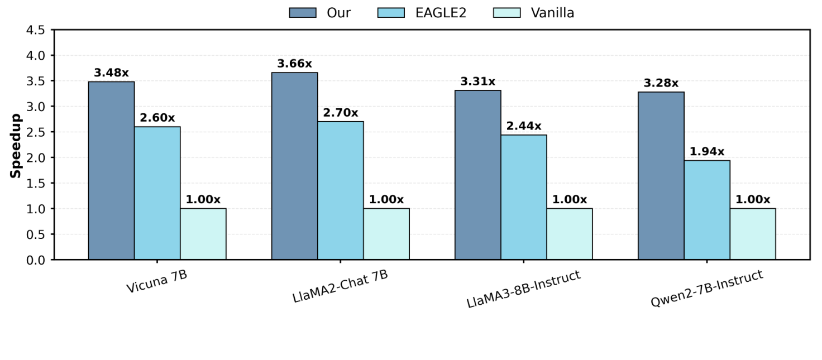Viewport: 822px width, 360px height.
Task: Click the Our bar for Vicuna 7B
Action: point(111,170)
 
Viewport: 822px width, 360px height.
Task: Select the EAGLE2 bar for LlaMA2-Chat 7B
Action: point(340,190)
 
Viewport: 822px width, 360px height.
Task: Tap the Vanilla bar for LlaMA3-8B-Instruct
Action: point(569,234)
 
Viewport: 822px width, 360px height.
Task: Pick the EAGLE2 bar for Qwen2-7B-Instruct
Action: point(706,210)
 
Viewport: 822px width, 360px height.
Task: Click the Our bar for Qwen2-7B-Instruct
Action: point(661,175)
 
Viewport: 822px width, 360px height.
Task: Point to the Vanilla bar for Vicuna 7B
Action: point(203,234)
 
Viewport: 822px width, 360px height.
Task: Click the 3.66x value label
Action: point(294,64)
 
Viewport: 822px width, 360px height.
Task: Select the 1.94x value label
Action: point(706,152)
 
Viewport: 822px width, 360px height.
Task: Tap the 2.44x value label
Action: point(523,126)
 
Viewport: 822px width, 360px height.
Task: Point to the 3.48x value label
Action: point(111,73)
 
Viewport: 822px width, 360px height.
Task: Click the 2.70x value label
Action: point(340,113)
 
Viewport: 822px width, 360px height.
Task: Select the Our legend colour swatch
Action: point(303,13)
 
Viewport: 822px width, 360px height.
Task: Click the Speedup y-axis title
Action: point(16,145)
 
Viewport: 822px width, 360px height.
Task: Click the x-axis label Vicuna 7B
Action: point(156,281)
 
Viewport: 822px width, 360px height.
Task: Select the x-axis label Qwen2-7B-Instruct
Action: point(706,288)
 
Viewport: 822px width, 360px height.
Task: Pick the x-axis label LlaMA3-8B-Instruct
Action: point(523,289)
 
